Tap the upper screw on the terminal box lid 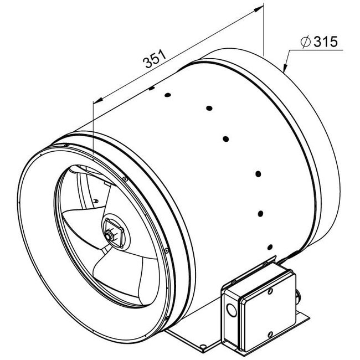pos(270,290)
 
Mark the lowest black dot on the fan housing pos(269,246)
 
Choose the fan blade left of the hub pos(83,222)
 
